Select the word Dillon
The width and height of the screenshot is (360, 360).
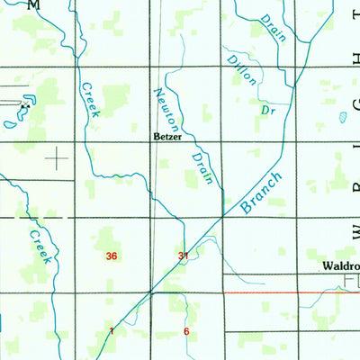[x=243, y=71]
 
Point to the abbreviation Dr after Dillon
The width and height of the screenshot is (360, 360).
[x=267, y=109]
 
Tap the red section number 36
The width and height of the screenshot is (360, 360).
[x=111, y=256]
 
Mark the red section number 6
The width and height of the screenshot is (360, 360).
[x=185, y=331]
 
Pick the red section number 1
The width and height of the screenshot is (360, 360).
[x=112, y=331]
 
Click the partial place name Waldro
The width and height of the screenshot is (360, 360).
[x=341, y=267]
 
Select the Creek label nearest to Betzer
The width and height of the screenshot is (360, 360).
[x=90, y=99]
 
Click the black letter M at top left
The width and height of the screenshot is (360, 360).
[x=33, y=5]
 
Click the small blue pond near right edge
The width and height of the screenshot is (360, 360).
[x=343, y=117]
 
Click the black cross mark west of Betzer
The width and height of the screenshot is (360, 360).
[x=58, y=160]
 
